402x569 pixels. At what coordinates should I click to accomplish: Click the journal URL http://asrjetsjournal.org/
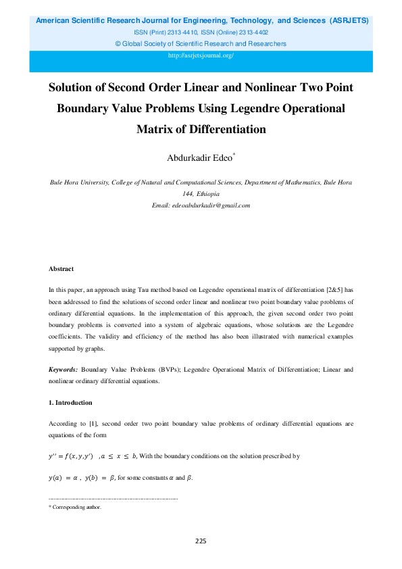[201, 55]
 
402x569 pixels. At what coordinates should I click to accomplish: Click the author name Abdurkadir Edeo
[199, 158]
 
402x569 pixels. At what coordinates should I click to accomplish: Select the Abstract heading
[61, 269]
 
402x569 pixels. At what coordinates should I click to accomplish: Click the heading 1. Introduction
[70, 403]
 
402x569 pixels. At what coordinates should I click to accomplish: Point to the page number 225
[201, 541]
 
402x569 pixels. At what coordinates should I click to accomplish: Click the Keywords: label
[63, 370]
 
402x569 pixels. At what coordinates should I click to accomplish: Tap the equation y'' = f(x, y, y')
[70, 456]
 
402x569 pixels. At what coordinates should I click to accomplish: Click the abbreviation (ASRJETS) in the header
[349, 21]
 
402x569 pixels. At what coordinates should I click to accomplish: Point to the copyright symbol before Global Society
[119, 43]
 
